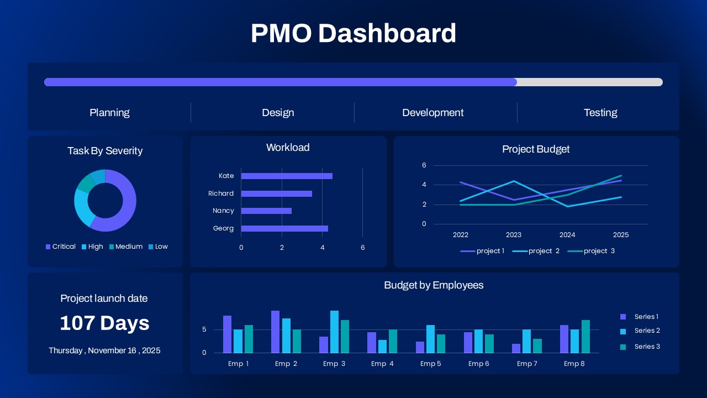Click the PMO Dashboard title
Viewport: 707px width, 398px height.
pyautogui.click(x=353, y=33)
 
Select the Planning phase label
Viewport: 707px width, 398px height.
pyautogui.click(x=109, y=113)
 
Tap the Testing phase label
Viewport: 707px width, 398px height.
pyautogui.click(x=600, y=113)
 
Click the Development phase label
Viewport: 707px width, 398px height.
pyautogui.click(x=432, y=113)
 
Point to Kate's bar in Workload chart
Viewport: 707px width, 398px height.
pyautogui.click(x=287, y=176)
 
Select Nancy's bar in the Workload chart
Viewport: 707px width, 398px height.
pyautogui.click(x=266, y=211)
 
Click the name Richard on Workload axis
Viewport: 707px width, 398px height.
pyautogui.click(x=221, y=193)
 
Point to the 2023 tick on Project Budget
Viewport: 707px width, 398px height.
pyautogui.click(x=514, y=235)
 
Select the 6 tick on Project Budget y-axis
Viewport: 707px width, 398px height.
pyautogui.click(x=424, y=165)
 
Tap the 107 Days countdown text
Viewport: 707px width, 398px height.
pyautogui.click(x=104, y=323)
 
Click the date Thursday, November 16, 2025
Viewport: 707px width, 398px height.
pyautogui.click(x=104, y=350)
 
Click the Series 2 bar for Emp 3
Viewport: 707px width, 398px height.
pyautogui.click(x=334, y=332)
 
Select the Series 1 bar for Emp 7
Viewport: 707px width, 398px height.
pyautogui.click(x=516, y=348)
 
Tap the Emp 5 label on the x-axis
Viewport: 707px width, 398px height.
pyautogui.click(x=430, y=364)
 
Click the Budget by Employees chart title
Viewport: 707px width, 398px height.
pyautogui.click(x=434, y=285)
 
